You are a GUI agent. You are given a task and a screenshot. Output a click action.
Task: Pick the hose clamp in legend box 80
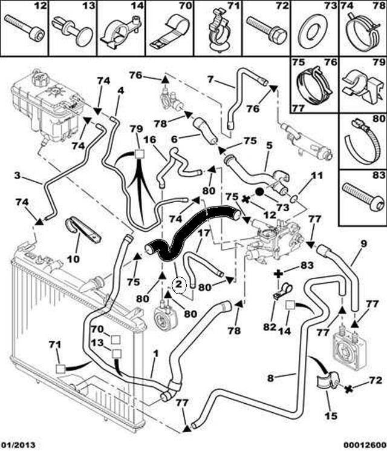(x=361, y=140)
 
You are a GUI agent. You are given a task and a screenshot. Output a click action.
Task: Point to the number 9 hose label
(x=363, y=245)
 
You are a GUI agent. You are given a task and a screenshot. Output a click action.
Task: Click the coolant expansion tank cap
(x=41, y=78)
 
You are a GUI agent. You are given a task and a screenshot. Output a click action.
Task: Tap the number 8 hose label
(x=270, y=377)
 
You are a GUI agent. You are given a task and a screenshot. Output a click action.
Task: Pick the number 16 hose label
(x=149, y=140)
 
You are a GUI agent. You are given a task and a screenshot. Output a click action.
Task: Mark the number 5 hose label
(x=270, y=145)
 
